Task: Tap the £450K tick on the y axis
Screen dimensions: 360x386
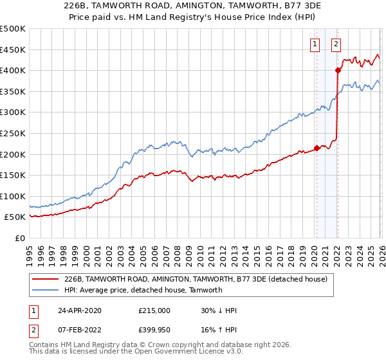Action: [x=13, y=50]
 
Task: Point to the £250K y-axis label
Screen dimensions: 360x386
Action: [x=13, y=133]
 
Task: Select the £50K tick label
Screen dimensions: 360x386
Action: [x=15, y=217]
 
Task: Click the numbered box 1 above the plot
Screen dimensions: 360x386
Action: [x=315, y=44]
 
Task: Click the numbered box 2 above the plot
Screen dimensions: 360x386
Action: [x=336, y=44]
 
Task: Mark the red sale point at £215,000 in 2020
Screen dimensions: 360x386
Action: [x=317, y=148]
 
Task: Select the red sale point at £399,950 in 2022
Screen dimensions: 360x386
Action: [x=337, y=71]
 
